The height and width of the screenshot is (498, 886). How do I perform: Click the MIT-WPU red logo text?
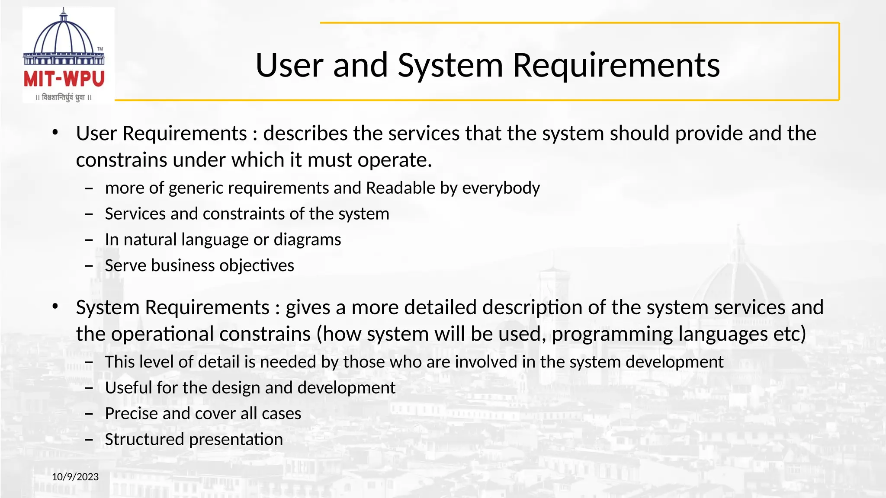(x=64, y=79)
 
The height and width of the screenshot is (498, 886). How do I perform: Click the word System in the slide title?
(x=450, y=65)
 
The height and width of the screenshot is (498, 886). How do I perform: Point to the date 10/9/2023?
(x=75, y=477)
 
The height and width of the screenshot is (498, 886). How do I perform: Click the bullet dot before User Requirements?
(x=55, y=133)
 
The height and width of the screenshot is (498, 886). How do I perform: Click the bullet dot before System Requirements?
(x=55, y=306)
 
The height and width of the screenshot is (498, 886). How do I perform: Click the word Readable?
(x=401, y=188)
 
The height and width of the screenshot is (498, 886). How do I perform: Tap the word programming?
(x=612, y=334)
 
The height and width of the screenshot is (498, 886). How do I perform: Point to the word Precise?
(x=131, y=414)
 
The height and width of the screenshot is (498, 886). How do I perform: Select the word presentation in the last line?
(x=236, y=440)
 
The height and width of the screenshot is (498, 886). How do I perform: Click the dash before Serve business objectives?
(x=89, y=265)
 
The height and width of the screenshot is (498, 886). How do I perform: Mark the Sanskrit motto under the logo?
(x=64, y=97)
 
